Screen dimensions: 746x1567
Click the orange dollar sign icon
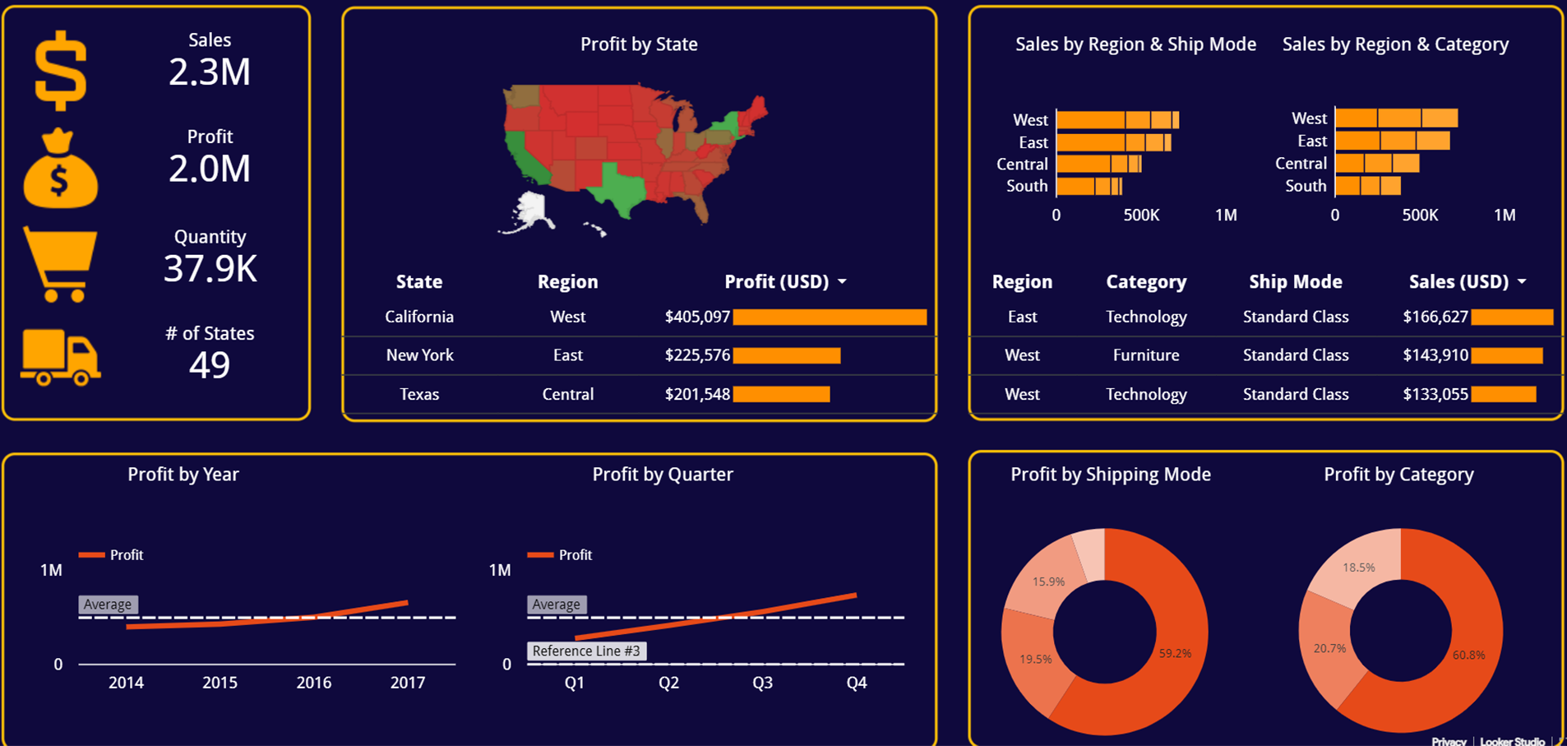[x=60, y=71]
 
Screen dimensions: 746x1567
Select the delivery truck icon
[x=60, y=358]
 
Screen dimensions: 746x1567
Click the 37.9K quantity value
[x=210, y=269]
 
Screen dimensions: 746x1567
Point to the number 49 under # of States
[x=210, y=365]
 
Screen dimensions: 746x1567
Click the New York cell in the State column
[x=419, y=355]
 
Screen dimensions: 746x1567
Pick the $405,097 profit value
[x=697, y=317]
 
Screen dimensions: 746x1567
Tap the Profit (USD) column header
[x=777, y=281]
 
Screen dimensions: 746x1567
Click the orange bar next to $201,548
[x=781, y=394]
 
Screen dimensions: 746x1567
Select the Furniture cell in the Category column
[x=1145, y=355]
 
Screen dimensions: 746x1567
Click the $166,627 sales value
[x=1435, y=317]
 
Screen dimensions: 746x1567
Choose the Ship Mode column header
[x=1295, y=281]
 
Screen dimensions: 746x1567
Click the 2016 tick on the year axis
[x=314, y=682]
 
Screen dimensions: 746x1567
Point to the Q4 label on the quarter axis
[x=857, y=682]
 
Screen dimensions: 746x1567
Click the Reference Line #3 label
[x=586, y=651]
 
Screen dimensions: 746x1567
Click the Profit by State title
[x=639, y=44]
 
